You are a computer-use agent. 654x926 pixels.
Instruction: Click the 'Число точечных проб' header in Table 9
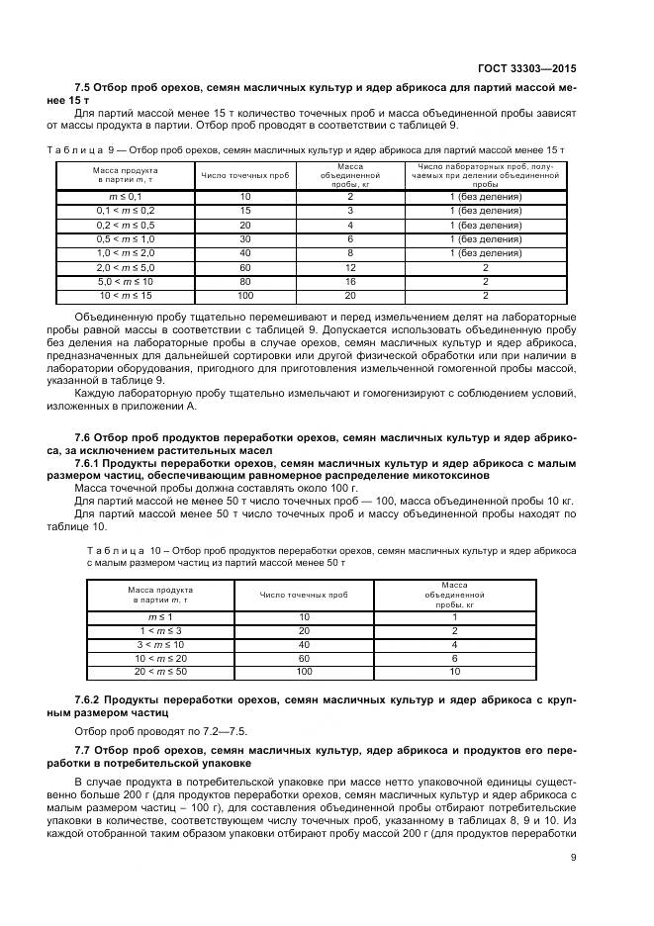[245, 175]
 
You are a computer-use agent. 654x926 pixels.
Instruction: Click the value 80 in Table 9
[245, 281]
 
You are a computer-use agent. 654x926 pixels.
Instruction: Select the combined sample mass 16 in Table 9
[350, 281]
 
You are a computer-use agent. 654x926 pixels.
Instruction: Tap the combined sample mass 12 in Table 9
[350, 267]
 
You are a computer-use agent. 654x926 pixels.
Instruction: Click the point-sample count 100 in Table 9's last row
[245, 295]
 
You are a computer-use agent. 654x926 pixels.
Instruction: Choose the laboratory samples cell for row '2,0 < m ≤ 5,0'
[485, 267]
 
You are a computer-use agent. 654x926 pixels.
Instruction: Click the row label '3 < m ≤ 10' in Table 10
[160, 643]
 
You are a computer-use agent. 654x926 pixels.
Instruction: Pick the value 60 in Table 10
[304, 657]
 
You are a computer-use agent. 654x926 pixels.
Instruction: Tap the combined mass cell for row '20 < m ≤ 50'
[454, 671]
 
